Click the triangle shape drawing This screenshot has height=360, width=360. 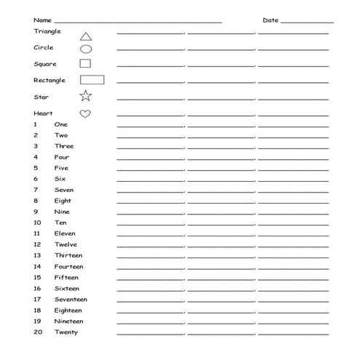pyautogui.click(x=86, y=36)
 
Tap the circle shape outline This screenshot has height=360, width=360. pyautogui.click(x=86, y=49)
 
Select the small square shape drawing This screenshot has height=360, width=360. pyautogui.click(x=85, y=63)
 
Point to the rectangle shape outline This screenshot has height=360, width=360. pyautogui.click(x=91, y=79)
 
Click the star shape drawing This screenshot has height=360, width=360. pyautogui.click(x=85, y=96)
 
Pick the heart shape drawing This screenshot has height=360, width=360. pyautogui.click(x=85, y=113)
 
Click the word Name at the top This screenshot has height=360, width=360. pyautogui.click(x=43, y=20)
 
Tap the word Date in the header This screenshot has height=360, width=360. pyautogui.click(x=270, y=20)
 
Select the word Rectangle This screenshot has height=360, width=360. pyautogui.click(x=49, y=80)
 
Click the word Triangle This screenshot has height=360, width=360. pyautogui.click(x=47, y=31)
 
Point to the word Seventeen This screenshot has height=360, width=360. pyautogui.click(x=71, y=299)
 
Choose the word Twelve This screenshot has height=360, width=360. pyautogui.click(x=65, y=244)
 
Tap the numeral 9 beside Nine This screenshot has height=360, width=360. pyautogui.click(x=35, y=212)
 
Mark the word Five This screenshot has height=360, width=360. pyautogui.click(x=61, y=168)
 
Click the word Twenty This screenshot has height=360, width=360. pyautogui.click(x=65, y=332)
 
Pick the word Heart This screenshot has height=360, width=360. pyautogui.click(x=43, y=113)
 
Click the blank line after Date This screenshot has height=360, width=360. pyautogui.click(x=306, y=22)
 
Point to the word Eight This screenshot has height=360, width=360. pyautogui.click(x=63, y=201)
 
